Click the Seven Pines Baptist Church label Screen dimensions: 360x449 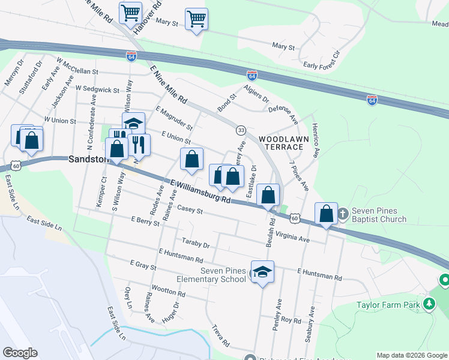[x=379, y=215]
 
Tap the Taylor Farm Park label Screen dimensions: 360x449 [x=388, y=305]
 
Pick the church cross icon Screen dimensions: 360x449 [x=343, y=214]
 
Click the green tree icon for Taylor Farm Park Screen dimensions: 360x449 [x=429, y=304]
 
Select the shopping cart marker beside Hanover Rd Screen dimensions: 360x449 [x=130, y=12]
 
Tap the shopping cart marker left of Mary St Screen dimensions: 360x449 [x=196, y=19]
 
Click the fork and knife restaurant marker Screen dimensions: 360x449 [x=139, y=144]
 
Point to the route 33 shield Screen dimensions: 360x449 [x=241, y=130]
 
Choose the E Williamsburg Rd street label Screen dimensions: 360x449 [x=200, y=191]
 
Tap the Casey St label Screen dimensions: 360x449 [x=191, y=211]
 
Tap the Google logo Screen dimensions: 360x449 [x=20, y=353]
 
